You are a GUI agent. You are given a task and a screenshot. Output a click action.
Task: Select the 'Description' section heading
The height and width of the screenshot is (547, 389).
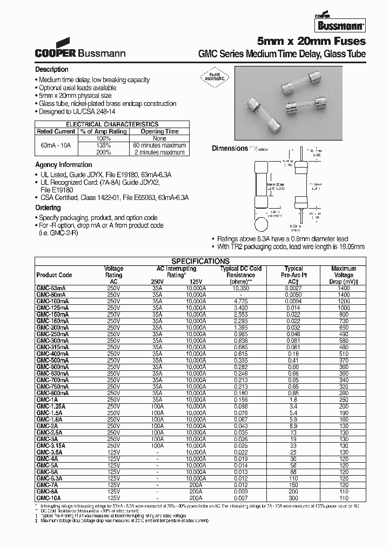coord(52,70)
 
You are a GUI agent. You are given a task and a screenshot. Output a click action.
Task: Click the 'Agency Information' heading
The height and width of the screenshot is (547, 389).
coord(63,165)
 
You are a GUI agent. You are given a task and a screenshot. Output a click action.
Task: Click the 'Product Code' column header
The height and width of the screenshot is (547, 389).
coord(54,275)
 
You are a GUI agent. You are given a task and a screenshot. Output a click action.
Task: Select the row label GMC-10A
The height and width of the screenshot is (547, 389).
coord(49,498)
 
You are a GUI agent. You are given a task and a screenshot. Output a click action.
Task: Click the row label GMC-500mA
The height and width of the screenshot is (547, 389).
coord(52,359)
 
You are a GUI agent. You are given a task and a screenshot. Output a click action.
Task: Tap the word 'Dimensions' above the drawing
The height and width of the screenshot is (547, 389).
coord(229,149)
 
